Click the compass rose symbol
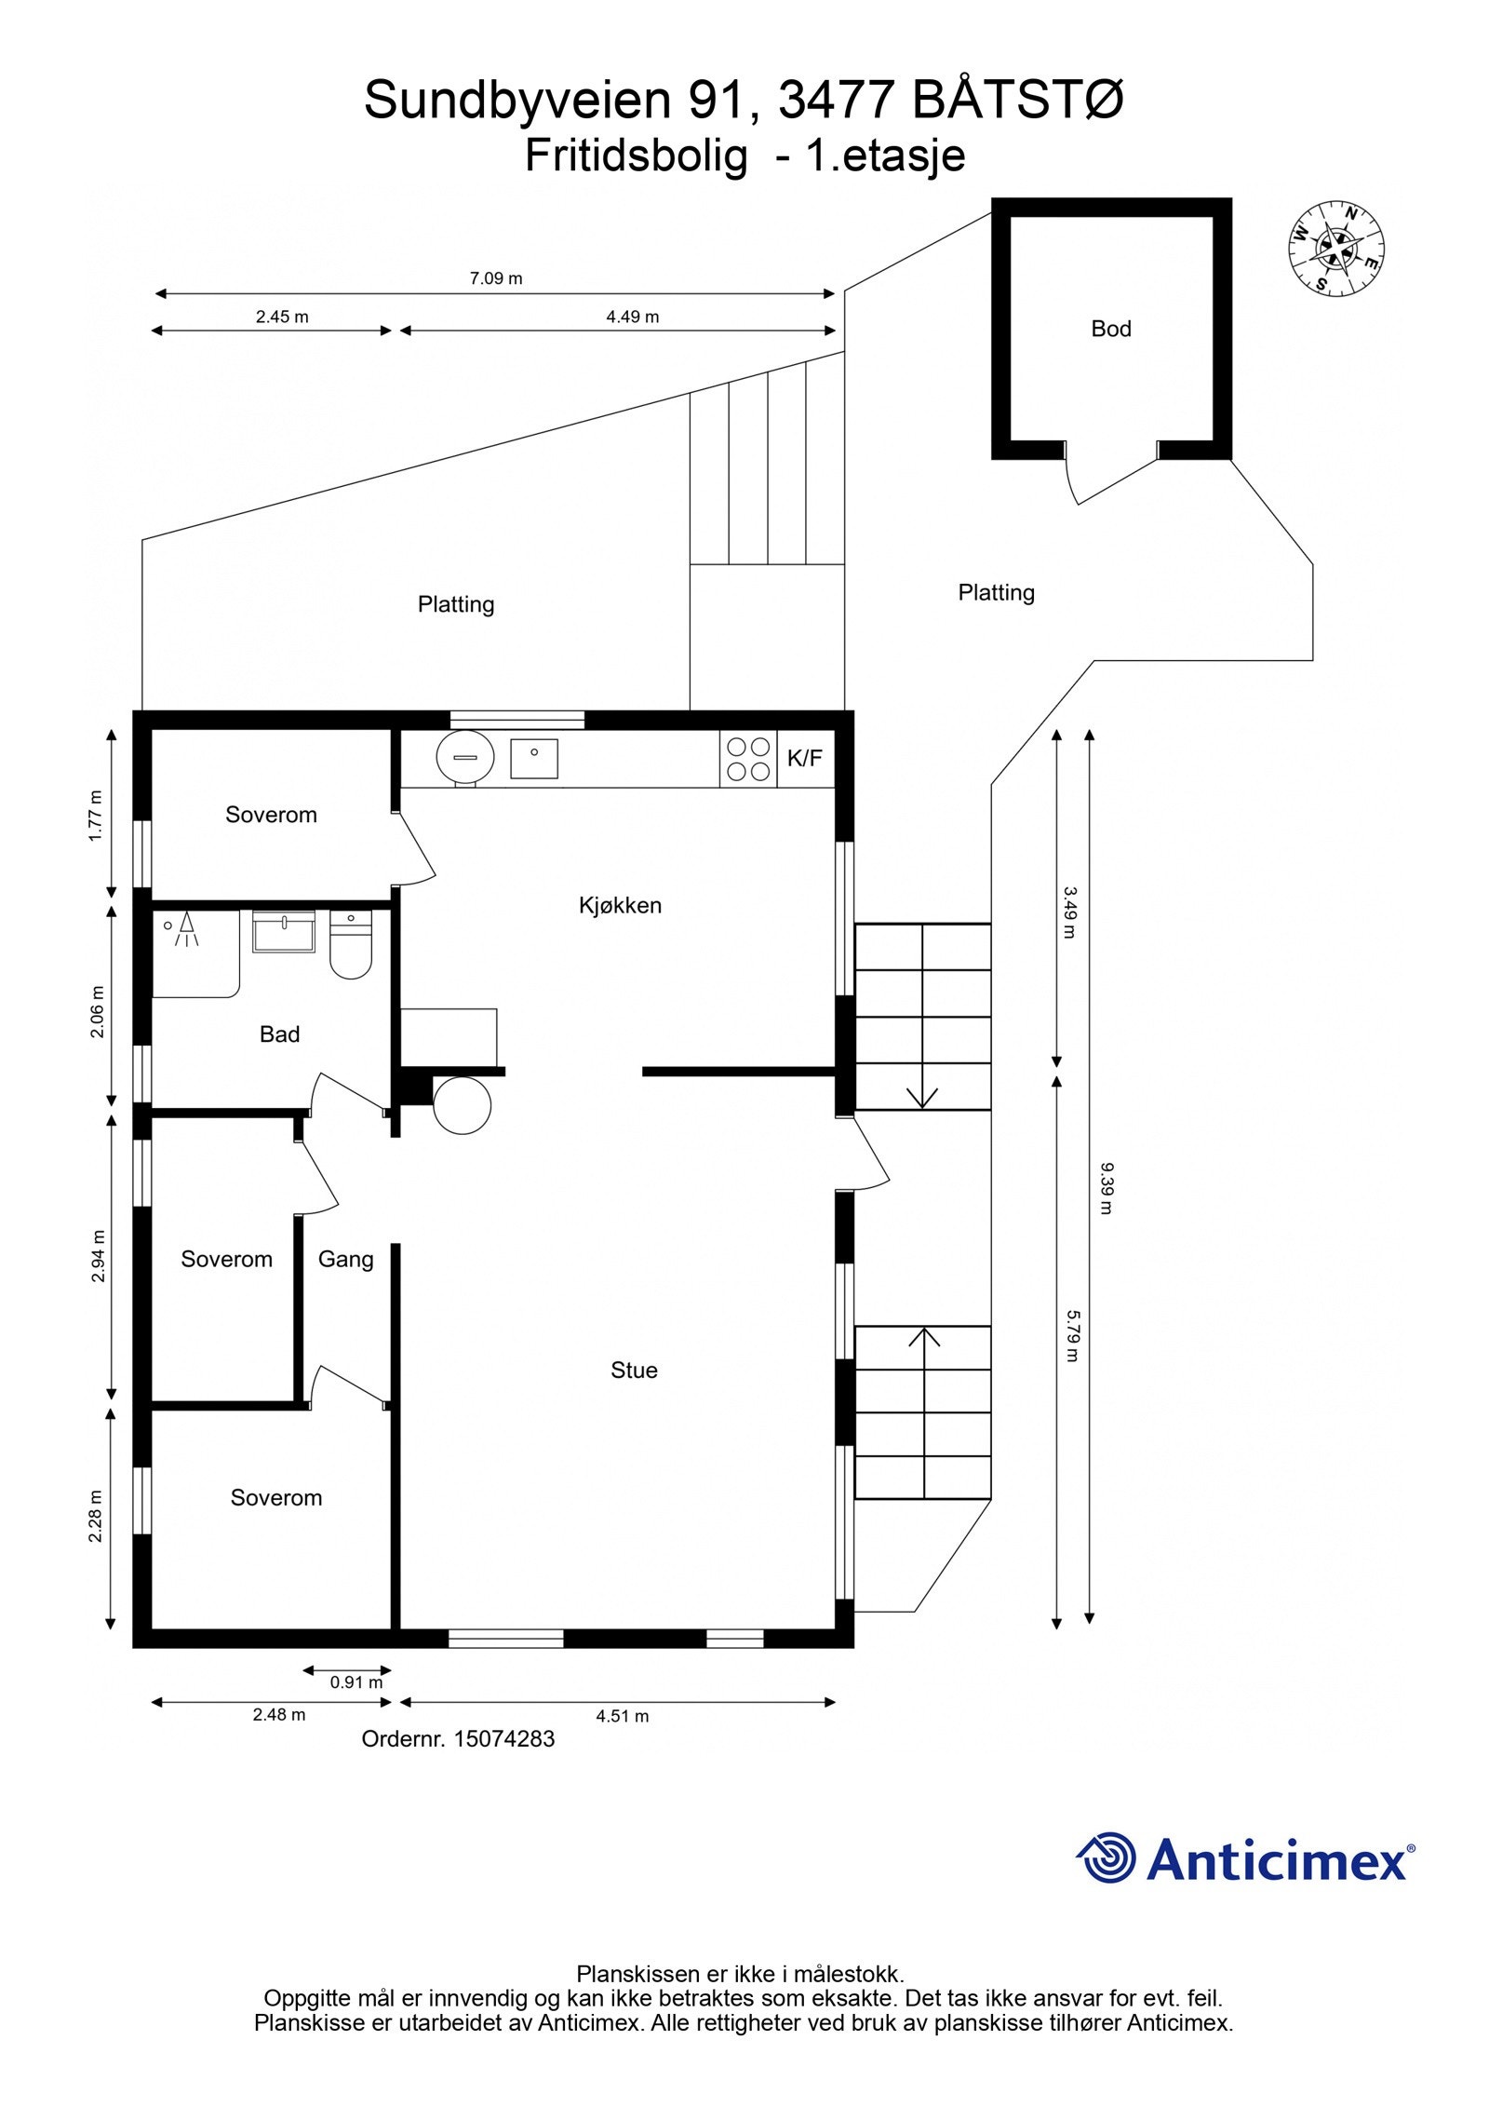click(x=1335, y=248)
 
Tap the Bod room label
click(x=1110, y=329)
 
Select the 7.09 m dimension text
click(x=495, y=277)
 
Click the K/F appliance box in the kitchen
click(x=805, y=758)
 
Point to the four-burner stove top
click(x=747, y=759)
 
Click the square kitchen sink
click(x=533, y=758)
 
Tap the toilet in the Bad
click(x=351, y=945)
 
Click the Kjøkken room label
click(x=620, y=905)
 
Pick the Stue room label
click(x=634, y=1370)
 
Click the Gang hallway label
click(x=345, y=1259)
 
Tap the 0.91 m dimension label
click(x=355, y=1682)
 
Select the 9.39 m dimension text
click(x=1106, y=1188)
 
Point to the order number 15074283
click(x=503, y=1738)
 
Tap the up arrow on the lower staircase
click(x=923, y=1339)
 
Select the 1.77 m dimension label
click(x=96, y=815)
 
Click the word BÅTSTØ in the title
click(x=1017, y=101)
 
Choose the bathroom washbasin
click(x=284, y=932)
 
